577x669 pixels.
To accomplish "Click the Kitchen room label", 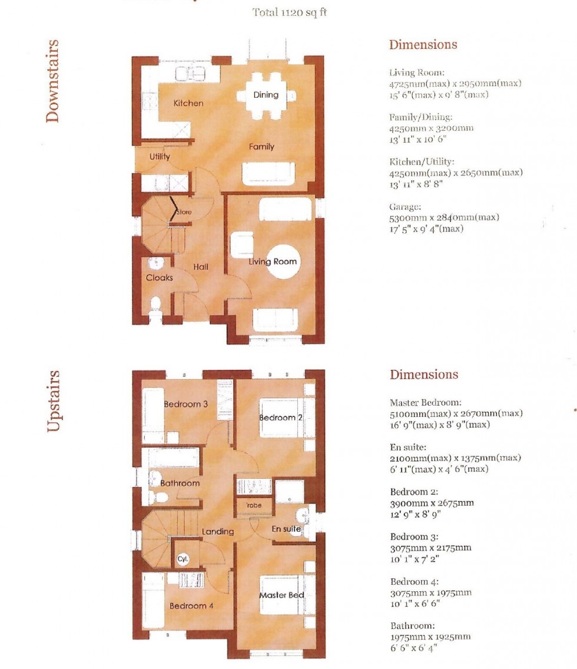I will coord(188,103).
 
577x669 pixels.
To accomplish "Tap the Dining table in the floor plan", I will coord(266,94).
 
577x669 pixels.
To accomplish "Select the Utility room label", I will coord(160,157).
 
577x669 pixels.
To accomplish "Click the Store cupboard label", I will coord(184,212).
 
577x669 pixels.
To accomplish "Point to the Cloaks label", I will coord(160,277).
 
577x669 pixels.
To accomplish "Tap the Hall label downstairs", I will coord(201,267).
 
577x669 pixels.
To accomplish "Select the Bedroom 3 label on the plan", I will coord(185,405).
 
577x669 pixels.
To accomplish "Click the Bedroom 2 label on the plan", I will coord(277,418).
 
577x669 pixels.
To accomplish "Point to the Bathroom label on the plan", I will coord(180,483).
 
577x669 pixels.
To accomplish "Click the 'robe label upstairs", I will coord(254,505).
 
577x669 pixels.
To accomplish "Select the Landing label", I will coord(218,532).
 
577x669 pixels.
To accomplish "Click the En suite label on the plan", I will coord(287,529).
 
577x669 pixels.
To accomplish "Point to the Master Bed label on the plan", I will coord(282,595).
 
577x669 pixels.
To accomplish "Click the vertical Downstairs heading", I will coord(53,81).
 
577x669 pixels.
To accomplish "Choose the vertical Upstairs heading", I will coord(53,401).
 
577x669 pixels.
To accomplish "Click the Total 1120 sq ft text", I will coord(290,12).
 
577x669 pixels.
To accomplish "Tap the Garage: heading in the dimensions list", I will coord(405,207).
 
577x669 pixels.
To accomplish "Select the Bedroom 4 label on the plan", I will coord(188,606).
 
